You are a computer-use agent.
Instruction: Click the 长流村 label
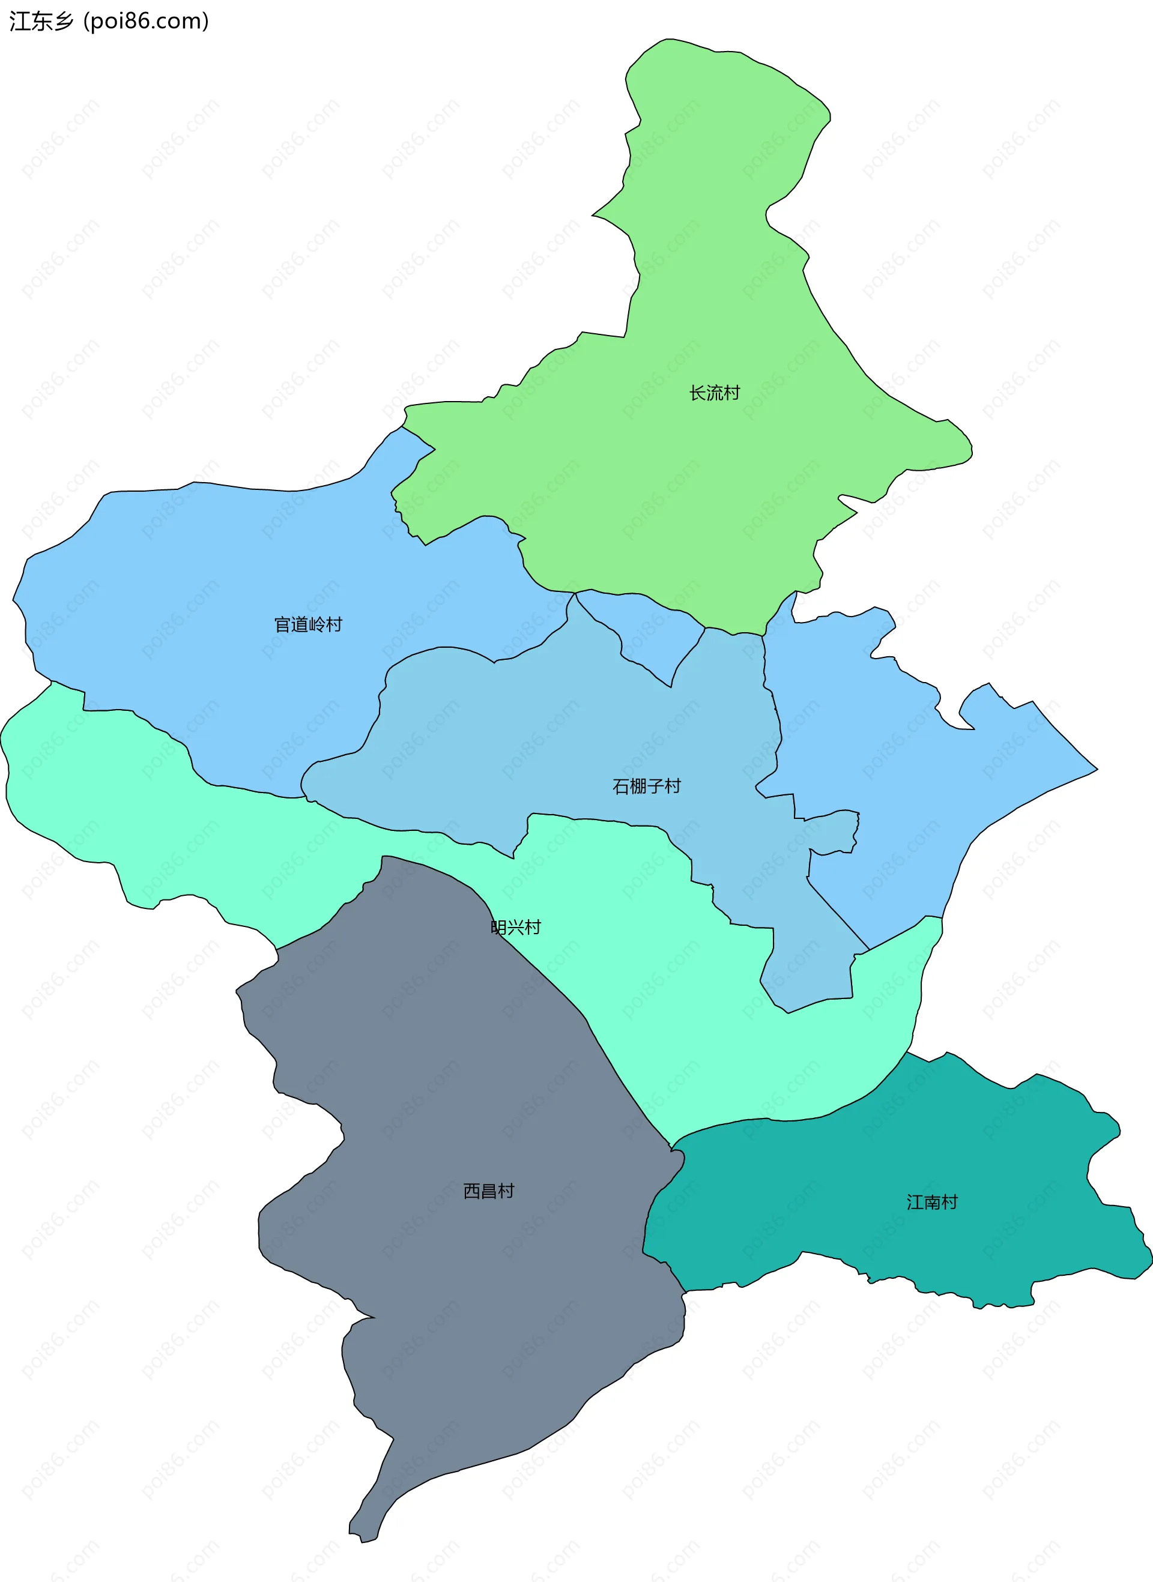tap(714, 393)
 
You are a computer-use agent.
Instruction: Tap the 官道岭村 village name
tap(308, 624)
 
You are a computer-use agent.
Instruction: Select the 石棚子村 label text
tap(646, 786)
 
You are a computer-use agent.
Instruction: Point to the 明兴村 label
tap(516, 928)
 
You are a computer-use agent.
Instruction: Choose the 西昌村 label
tap(489, 1191)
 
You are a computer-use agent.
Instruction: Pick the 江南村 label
tap(932, 1203)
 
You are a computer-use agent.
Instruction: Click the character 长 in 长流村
tap(697, 393)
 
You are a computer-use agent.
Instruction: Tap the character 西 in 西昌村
tap(472, 1191)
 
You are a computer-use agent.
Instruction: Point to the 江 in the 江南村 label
tap(915, 1203)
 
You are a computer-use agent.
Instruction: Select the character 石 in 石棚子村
tap(620, 786)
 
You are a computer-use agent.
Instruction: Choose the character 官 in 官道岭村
tap(282, 624)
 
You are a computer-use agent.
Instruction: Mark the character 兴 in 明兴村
tap(516, 928)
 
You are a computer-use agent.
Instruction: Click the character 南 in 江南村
tap(932, 1203)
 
